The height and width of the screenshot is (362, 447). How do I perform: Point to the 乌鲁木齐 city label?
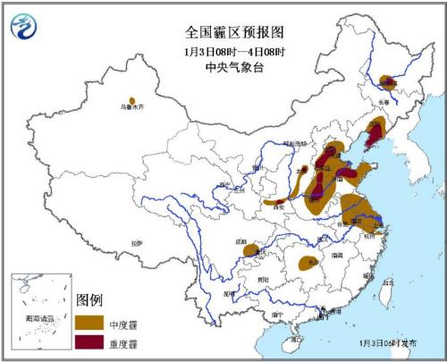[x=131, y=109]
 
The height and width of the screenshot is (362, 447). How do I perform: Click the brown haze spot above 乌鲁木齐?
[x=132, y=101]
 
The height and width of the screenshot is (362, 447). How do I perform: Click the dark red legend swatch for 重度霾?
[x=89, y=341]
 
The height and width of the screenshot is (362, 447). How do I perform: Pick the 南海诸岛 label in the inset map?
[x=38, y=317]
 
